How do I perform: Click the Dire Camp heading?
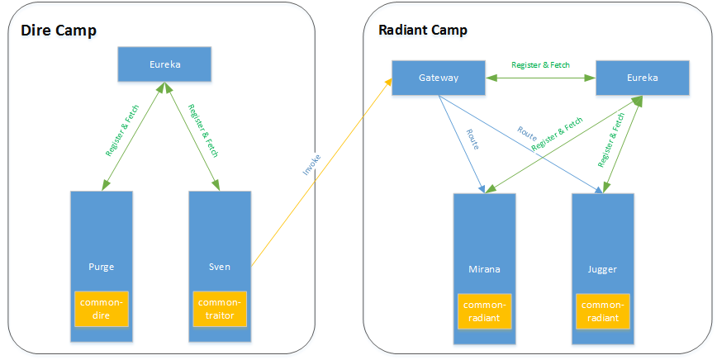[x=59, y=31]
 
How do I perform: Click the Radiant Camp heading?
[x=423, y=31]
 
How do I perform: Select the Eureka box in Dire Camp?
[x=164, y=64]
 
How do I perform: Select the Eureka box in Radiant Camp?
[x=643, y=78]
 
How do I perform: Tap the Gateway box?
[x=439, y=78]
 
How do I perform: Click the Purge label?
[x=101, y=267]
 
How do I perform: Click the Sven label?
[x=220, y=267]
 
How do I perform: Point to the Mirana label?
[x=484, y=269]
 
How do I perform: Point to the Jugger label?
[x=602, y=269]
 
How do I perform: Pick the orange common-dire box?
[x=102, y=309]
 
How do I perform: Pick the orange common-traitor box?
[x=220, y=309]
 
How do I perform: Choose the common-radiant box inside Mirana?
[x=484, y=311]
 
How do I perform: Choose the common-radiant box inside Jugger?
[x=603, y=311]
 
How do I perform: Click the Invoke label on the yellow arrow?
[x=311, y=165]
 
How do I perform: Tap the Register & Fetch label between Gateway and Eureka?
[x=540, y=65]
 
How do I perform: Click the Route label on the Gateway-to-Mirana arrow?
[x=472, y=140]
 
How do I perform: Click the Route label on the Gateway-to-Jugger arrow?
[x=527, y=133]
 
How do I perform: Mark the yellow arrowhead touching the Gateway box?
[x=389, y=82]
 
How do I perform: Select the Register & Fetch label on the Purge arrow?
[x=122, y=130]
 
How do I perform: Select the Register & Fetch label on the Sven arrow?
[x=203, y=130]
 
